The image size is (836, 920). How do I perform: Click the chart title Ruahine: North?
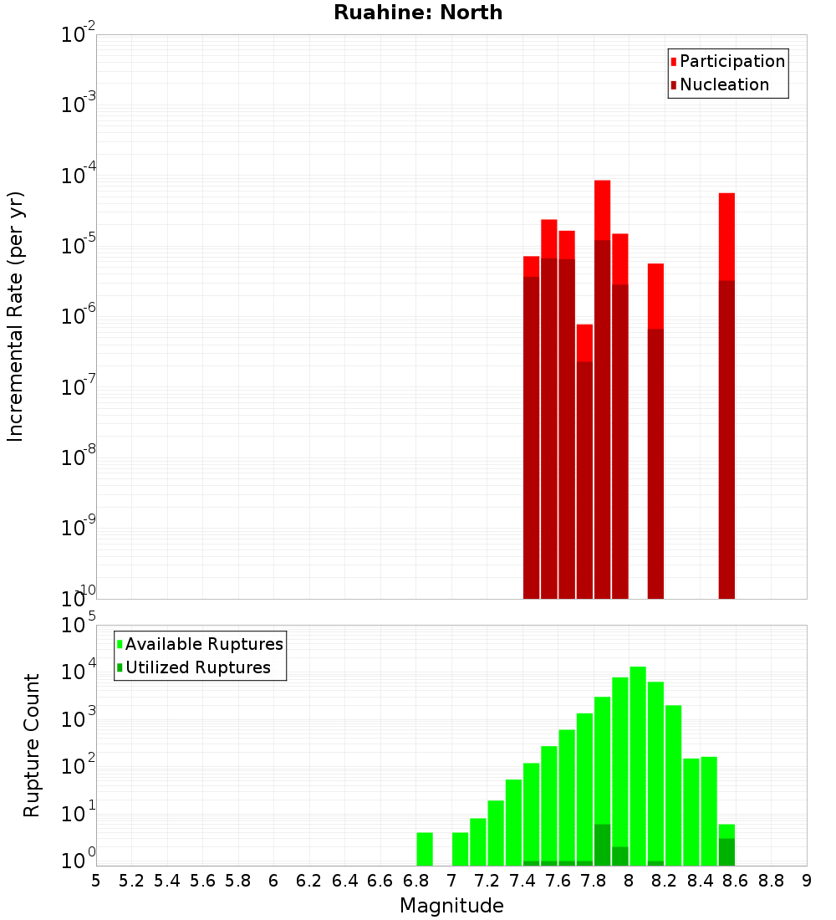click(418, 13)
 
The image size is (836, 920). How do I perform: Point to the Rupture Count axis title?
click(32, 745)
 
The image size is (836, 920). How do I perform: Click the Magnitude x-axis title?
click(451, 906)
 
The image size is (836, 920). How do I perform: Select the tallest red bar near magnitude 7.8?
click(602, 335)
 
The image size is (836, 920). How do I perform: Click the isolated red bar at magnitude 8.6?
click(726, 376)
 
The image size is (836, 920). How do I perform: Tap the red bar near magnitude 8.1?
click(655, 418)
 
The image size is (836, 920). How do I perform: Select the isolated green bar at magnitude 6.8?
click(425, 849)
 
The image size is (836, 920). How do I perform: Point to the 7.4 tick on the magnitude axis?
click(522, 880)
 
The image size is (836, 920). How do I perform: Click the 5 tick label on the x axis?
click(96, 880)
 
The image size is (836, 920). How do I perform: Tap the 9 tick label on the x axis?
click(807, 880)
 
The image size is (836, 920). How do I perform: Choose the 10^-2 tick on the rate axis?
click(79, 35)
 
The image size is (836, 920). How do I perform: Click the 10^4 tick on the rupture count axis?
click(79, 672)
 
